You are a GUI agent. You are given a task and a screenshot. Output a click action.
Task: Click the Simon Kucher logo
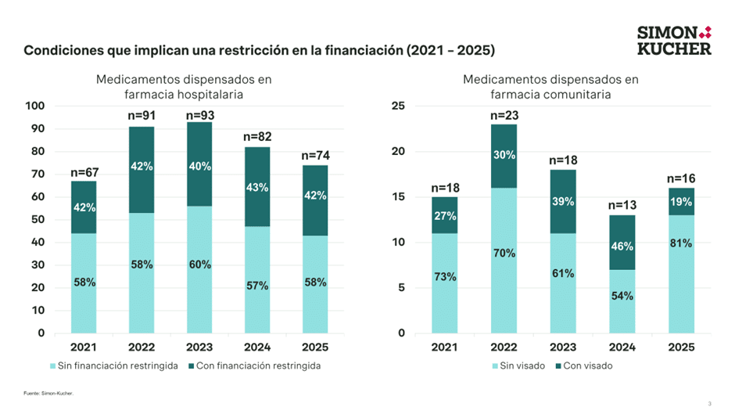click(674, 40)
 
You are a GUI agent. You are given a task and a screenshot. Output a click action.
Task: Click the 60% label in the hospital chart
click(200, 265)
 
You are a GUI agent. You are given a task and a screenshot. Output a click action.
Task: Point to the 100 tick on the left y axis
click(36, 106)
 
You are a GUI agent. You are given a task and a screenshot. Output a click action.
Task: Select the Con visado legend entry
click(584, 365)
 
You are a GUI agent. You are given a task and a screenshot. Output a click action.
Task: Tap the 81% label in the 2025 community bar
click(681, 243)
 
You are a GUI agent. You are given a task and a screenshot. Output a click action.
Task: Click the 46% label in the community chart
click(623, 246)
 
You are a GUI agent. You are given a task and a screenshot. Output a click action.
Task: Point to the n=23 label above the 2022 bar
click(504, 116)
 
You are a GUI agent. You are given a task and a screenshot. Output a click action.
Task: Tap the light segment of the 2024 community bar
click(623, 301)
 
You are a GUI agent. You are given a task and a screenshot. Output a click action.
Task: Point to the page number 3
click(709, 404)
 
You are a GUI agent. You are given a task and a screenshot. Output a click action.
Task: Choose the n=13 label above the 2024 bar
click(623, 207)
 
